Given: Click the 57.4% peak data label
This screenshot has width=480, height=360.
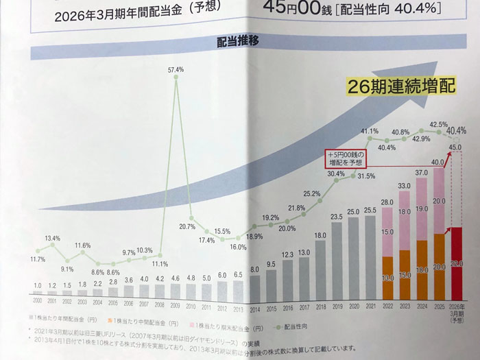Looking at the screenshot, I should pos(176,69).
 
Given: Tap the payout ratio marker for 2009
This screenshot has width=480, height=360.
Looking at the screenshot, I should pos(176,78).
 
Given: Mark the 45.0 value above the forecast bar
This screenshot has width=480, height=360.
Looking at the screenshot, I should pos(454,145).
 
